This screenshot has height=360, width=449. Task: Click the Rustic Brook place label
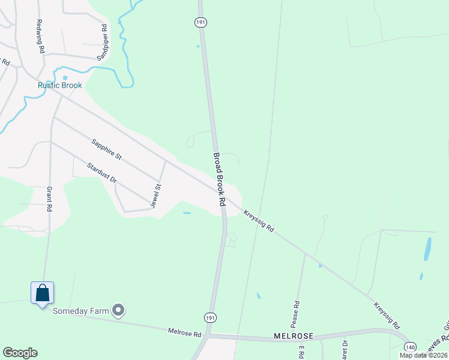click(59, 85)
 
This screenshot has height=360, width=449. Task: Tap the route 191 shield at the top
click(200, 22)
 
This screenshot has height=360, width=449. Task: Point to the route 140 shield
click(410, 347)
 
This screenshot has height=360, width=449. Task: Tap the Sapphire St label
click(106, 149)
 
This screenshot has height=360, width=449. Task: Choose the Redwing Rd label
click(40, 37)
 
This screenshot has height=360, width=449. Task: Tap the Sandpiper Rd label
click(102, 42)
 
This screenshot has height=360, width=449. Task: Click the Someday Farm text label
click(80, 311)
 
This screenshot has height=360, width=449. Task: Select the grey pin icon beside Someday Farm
click(119, 310)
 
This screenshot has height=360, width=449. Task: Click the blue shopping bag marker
click(42, 293)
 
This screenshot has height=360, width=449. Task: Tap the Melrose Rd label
click(184, 331)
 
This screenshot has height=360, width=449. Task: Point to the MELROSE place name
click(291, 337)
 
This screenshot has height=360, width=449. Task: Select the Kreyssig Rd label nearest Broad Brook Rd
click(259, 221)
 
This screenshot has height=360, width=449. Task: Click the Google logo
click(20, 353)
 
